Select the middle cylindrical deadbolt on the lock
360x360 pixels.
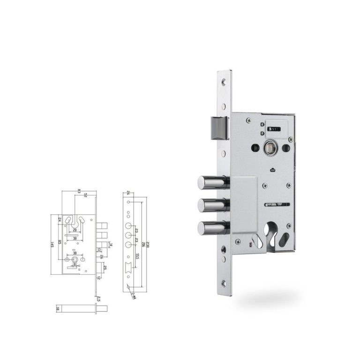click(211, 205)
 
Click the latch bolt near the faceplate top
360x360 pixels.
click(218, 127)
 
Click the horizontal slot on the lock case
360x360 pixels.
click(277, 204)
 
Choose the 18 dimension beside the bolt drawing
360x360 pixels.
click(58, 308)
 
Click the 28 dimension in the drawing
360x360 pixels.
click(75, 230)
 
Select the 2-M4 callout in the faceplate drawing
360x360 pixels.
click(133, 295)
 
